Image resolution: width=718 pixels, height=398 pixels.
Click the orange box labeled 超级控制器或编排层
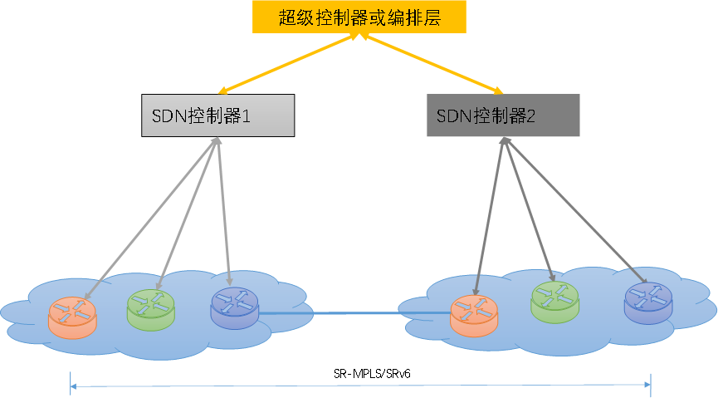tap(359, 17)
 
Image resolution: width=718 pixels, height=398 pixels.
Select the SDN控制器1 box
tap(218, 116)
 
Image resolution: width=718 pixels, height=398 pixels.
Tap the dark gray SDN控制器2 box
tap(503, 115)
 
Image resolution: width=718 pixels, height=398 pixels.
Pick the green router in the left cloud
tap(151, 309)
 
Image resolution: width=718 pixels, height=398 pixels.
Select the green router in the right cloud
tap(554, 301)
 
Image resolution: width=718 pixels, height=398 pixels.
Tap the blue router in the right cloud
tap(647, 302)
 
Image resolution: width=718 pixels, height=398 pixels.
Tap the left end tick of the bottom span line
tap(71, 385)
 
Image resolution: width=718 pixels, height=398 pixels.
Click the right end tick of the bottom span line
tap(651, 385)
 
